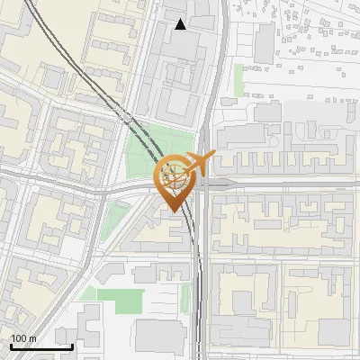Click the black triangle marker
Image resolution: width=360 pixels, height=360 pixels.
click(181, 24)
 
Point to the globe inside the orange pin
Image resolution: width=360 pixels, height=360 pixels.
click(175, 175)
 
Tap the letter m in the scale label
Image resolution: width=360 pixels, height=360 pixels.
click(33, 339)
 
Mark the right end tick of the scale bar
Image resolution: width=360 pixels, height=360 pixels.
click(73, 345)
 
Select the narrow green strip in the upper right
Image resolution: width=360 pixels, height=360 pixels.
click(238, 79)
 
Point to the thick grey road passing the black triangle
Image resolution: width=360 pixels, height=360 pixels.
click(213, 54)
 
